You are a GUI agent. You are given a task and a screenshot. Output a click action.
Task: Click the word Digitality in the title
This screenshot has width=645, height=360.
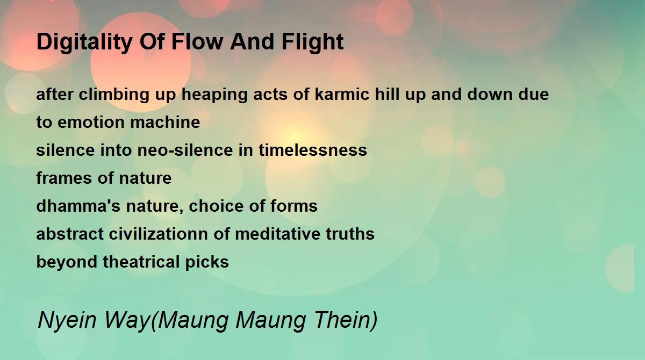coord(84,42)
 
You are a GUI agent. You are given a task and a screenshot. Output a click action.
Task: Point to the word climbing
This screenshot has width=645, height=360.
coord(114,95)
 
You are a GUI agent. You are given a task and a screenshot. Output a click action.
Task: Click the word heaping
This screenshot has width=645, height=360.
coord(214,95)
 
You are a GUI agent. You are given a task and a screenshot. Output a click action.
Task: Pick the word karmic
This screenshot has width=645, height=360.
coord(342,94)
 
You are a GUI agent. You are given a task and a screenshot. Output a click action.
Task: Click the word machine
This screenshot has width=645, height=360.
coord(165,122)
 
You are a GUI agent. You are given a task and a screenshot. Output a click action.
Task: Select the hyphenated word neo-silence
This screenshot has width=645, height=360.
coord(185,150)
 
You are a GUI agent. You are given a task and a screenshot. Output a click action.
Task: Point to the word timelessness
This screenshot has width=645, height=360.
coord(313,150)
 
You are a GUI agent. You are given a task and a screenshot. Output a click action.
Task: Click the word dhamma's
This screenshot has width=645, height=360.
coord(78,206)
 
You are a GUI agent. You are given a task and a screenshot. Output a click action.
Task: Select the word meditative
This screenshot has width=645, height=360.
coord(277,234)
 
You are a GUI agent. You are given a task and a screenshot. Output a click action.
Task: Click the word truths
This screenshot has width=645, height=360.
coord(350,234)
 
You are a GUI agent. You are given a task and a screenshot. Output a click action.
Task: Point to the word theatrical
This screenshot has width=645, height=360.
coord(141,262)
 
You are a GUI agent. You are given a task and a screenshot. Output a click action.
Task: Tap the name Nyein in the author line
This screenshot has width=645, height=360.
coord(67,321)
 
